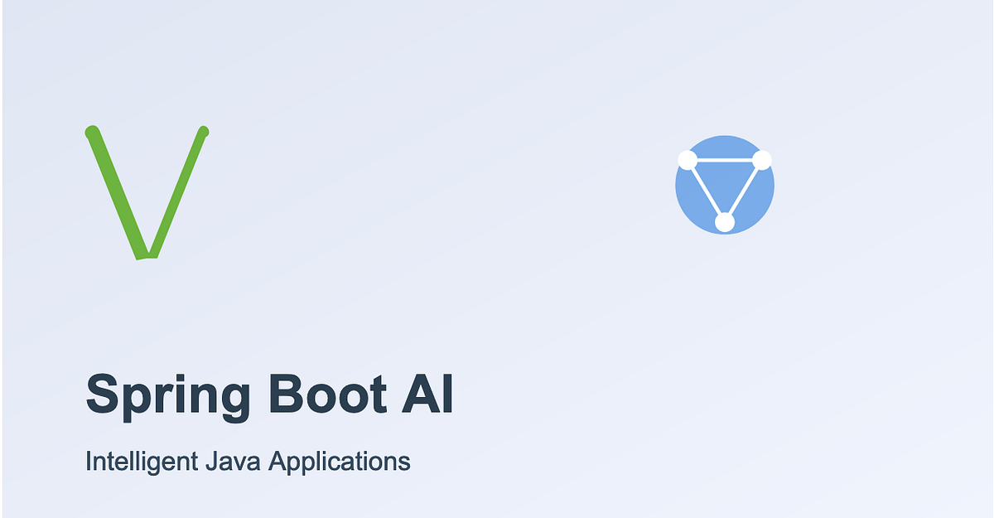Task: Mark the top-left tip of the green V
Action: click(x=92, y=132)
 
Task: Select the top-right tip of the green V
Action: click(x=204, y=131)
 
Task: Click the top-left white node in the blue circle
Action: click(x=687, y=160)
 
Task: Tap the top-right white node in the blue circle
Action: click(x=762, y=160)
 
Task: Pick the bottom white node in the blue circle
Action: click(x=725, y=222)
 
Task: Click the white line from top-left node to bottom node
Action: click(x=706, y=191)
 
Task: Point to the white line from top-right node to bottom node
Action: click(x=744, y=191)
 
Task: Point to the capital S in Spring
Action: click(x=101, y=394)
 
